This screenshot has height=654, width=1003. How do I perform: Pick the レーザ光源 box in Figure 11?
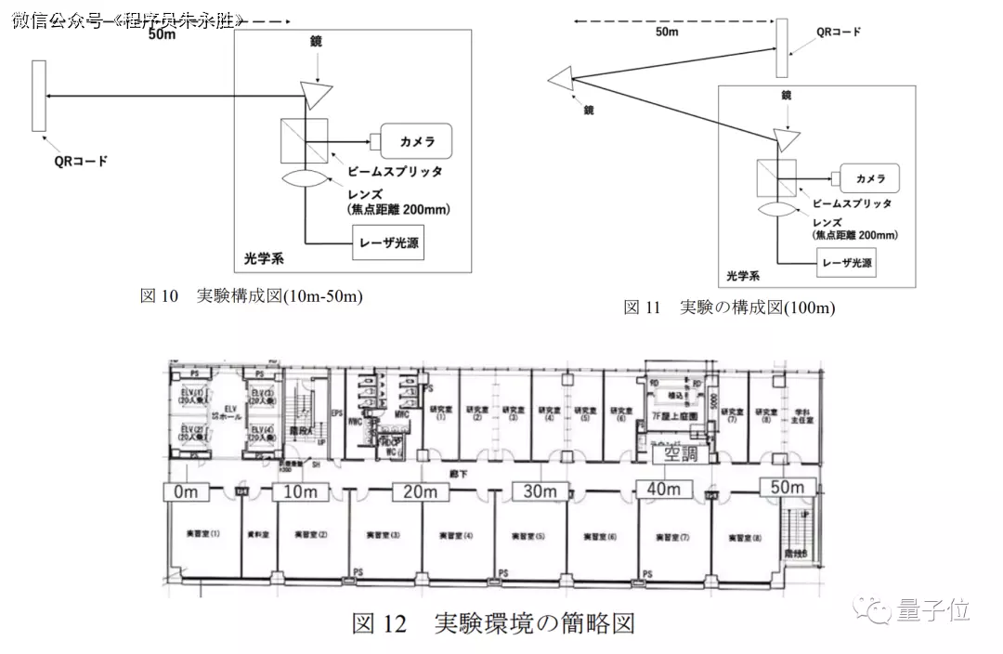[x=845, y=263]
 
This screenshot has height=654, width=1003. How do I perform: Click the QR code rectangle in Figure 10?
[x=38, y=97]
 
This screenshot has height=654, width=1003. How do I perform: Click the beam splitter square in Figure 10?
[x=303, y=141]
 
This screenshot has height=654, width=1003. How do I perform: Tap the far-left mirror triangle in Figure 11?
[x=561, y=81]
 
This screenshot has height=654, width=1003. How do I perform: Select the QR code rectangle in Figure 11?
[x=782, y=47]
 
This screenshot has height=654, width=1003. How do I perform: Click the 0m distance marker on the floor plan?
[x=189, y=492]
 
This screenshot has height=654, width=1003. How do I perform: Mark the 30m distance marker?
[x=540, y=492]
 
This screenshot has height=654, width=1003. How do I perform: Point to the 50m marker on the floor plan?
[x=787, y=488]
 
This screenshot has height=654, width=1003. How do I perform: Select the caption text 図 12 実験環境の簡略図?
[x=492, y=622]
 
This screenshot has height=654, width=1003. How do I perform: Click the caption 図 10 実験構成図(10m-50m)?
[x=251, y=296]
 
